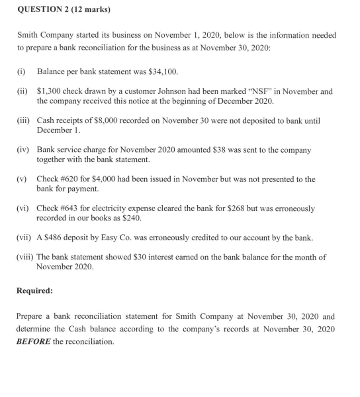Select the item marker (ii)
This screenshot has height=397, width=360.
tap(22, 92)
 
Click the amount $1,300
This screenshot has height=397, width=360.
tap(49, 92)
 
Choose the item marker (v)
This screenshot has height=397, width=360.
tap(22, 179)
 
